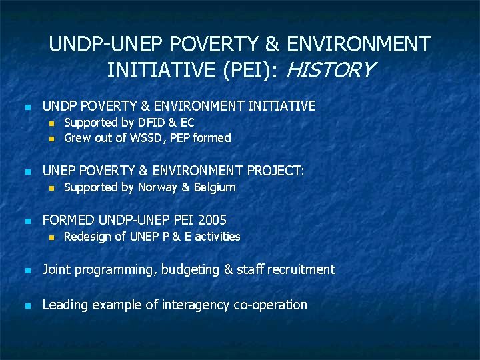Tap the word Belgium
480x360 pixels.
(215, 187)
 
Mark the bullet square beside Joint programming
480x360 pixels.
(27, 271)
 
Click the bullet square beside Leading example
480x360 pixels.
(27, 306)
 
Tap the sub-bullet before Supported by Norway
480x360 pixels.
(50, 188)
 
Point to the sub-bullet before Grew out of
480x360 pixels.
(50, 139)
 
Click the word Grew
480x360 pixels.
(76, 138)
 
